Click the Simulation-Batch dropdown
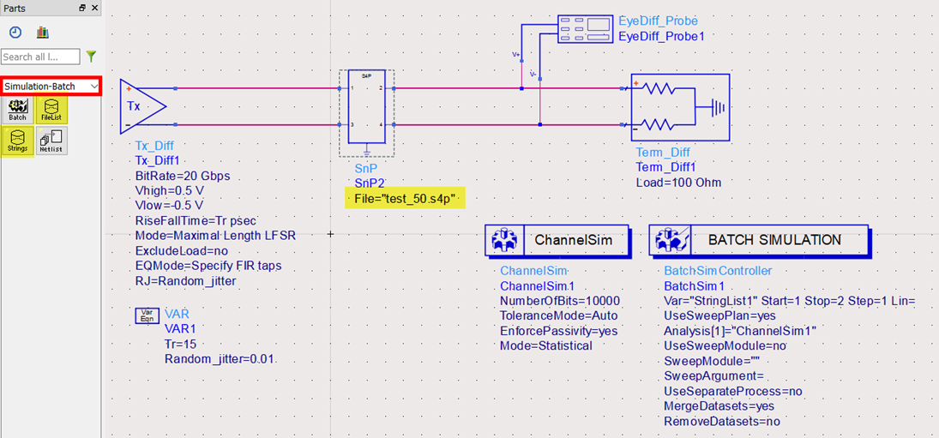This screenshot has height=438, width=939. [51, 86]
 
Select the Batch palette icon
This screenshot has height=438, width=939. [17, 110]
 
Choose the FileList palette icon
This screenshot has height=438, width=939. [52, 110]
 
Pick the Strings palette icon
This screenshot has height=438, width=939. [17, 141]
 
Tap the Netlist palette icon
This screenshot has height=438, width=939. [52, 141]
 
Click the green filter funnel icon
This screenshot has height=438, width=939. [91, 57]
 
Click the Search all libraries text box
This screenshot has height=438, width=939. [40, 57]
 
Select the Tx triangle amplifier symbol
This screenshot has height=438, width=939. [142, 106]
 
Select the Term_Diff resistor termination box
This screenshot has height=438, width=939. [680, 108]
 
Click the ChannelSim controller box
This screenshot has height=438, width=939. [557, 240]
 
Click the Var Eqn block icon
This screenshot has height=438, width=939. [147, 316]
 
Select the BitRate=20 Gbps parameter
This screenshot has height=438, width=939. [183, 176]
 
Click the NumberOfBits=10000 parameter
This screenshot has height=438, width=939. [559, 301]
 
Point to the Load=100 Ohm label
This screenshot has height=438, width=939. [678, 183]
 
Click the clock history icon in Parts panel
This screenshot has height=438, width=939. [15, 33]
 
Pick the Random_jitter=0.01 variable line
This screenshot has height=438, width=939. [220, 358]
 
